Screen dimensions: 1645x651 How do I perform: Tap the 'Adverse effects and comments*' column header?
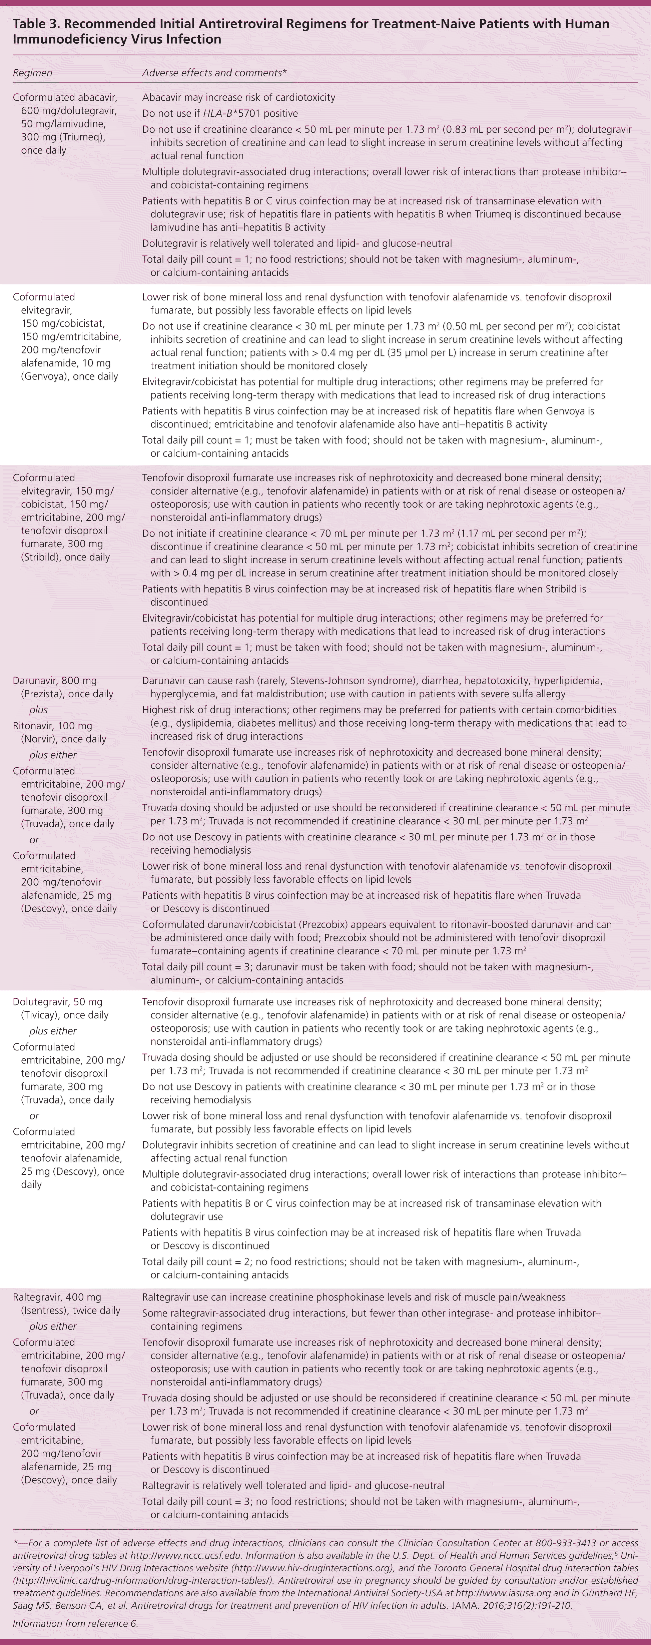(x=214, y=73)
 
